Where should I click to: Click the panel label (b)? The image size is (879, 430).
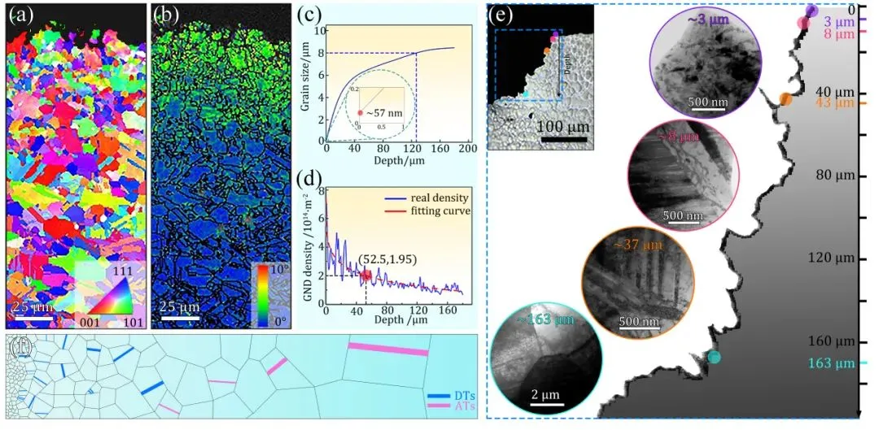(166, 13)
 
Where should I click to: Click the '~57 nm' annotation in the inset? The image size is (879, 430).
(387, 111)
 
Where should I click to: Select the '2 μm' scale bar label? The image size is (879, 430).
(544, 395)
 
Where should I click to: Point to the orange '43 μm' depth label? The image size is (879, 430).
(837, 102)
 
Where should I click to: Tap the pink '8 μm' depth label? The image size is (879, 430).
(838, 34)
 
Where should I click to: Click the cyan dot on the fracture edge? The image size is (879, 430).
(714, 357)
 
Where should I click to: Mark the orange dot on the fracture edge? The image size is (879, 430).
(785, 99)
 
